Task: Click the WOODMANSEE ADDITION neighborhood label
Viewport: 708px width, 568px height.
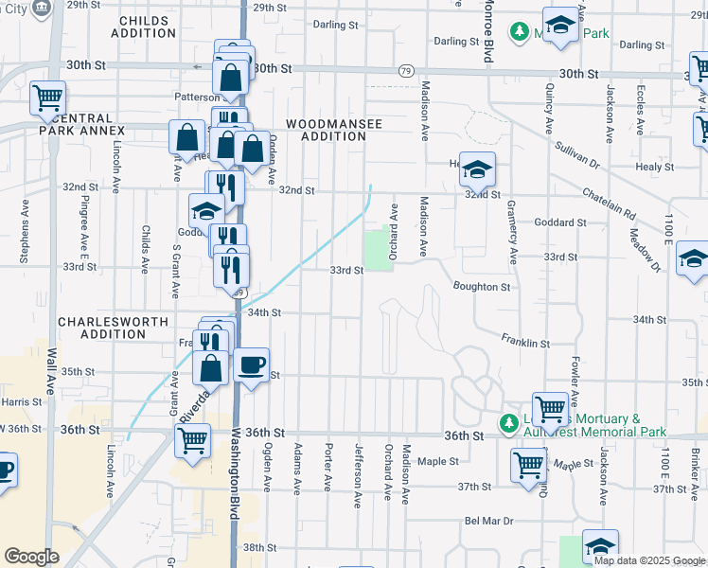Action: pyautogui.click(x=326, y=130)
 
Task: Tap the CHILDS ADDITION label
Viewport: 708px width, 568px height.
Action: pyautogui.click(x=143, y=26)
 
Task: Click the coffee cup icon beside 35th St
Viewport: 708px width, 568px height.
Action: pyautogui.click(x=251, y=365)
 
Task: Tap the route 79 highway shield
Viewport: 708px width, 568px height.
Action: pyautogui.click(x=405, y=71)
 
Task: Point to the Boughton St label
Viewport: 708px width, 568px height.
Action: pyautogui.click(x=481, y=286)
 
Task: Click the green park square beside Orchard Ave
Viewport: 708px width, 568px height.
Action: pyautogui.click(x=379, y=249)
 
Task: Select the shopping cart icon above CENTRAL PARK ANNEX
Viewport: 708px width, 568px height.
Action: pyautogui.click(x=47, y=98)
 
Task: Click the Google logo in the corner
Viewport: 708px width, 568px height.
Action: pyautogui.click(x=31, y=556)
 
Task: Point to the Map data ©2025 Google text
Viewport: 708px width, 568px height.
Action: pyautogui.click(x=648, y=559)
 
